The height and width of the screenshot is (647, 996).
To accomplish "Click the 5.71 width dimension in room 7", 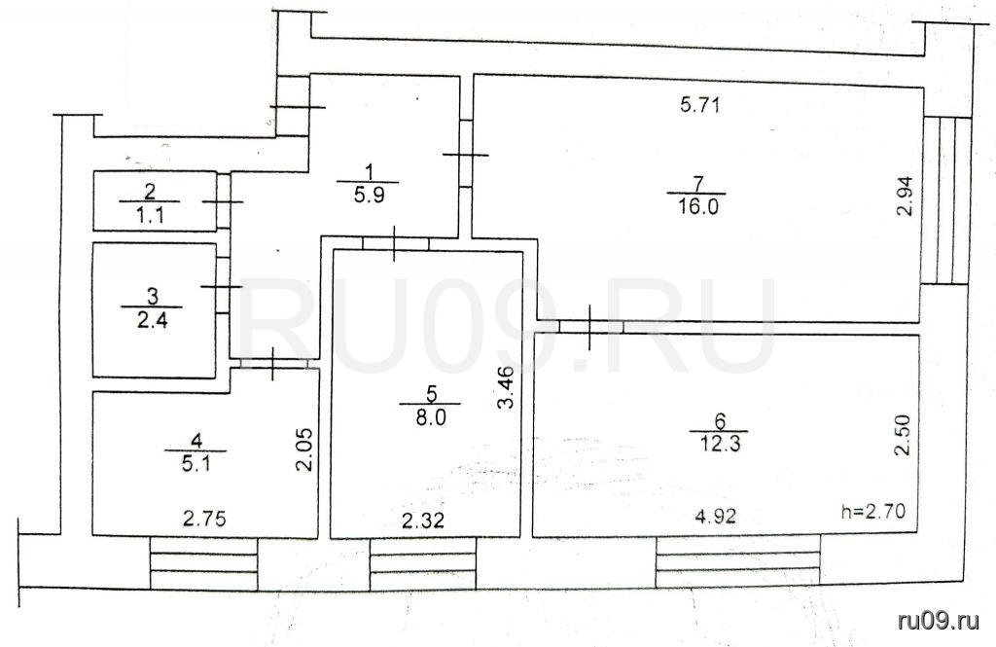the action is tap(699, 104).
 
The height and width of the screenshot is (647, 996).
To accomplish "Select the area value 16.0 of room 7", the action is tap(696, 206).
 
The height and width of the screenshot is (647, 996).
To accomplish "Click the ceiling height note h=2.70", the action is tap(873, 511).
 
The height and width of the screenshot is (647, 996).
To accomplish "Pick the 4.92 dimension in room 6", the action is tap(716, 516).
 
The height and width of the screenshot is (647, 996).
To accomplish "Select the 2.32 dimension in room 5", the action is tap(424, 521).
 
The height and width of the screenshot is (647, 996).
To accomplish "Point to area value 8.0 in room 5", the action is tap(431, 417).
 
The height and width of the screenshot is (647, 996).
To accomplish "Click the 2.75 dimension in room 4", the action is tap(204, 520).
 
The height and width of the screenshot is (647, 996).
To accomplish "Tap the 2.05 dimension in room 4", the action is tap(304, 449).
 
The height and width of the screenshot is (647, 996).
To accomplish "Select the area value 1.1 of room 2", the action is tap(151, 215).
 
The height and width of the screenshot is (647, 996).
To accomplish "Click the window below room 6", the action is tap(737, 560).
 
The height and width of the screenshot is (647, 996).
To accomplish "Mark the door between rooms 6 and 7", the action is tap(590, 327).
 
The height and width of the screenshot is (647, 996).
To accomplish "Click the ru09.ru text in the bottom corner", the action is tap(939, 621).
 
